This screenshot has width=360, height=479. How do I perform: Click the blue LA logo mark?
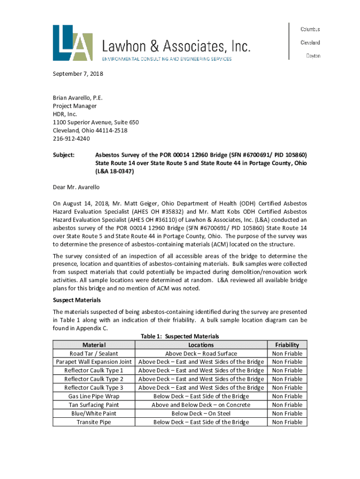[72, 43]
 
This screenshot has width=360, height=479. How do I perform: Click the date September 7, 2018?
[78, 74]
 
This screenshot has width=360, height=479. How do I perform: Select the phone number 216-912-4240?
[71, 139]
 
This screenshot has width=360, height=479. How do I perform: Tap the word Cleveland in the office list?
[310, 43]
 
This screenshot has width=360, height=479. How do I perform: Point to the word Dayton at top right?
[313, 56]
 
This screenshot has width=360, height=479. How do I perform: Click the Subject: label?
[64, 155]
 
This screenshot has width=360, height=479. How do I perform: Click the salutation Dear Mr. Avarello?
[76, 187]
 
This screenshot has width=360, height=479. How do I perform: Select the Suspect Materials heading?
[77, 300]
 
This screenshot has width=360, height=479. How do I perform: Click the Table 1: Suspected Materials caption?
[180, 336]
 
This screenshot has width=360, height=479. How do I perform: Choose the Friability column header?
[287, 345]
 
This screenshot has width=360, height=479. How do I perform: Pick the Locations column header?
[201, 345]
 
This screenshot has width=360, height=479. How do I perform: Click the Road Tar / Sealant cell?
[94, 354]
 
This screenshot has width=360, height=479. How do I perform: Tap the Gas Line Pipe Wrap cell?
[94, 396]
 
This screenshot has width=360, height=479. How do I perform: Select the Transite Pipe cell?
[94, 422]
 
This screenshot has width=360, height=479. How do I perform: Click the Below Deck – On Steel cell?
[201, 414]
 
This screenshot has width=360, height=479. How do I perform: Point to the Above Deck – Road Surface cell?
[201, 354]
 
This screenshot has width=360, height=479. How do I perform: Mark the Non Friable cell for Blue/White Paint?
[287, 414]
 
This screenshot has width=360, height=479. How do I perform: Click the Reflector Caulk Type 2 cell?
[94, 379]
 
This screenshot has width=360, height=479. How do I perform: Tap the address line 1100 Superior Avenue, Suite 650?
[95, 123]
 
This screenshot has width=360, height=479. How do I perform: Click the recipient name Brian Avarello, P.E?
[77, 98]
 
